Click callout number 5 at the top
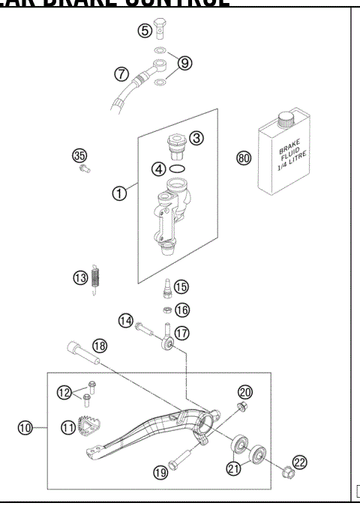tap(144, 31)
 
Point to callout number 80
tap(242, 158)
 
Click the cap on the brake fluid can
tap(285, 118)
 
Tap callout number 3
tap(196, 138)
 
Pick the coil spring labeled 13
tap(95, 278)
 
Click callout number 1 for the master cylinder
tap(118, 193)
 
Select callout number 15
tap(182, 286)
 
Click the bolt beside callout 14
tap(144, 325)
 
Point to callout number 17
tap(182, 332)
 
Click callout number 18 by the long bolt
tap(100, 346)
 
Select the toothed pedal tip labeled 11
tap(94, 426)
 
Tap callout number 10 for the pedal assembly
tap(25, 428)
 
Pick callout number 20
tap(245, 392)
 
